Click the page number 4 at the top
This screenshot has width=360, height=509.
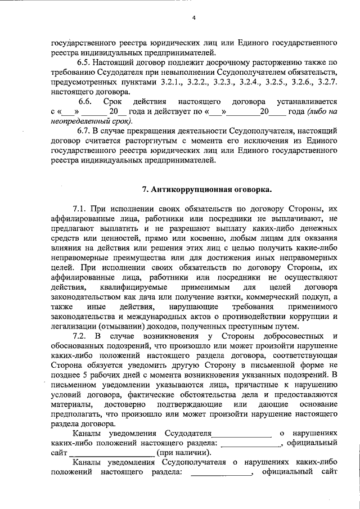click(x=193, y=18)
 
